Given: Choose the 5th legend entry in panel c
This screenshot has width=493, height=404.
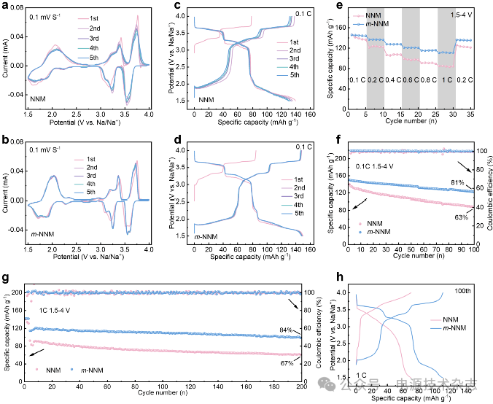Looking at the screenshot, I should [x=294, y=75].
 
